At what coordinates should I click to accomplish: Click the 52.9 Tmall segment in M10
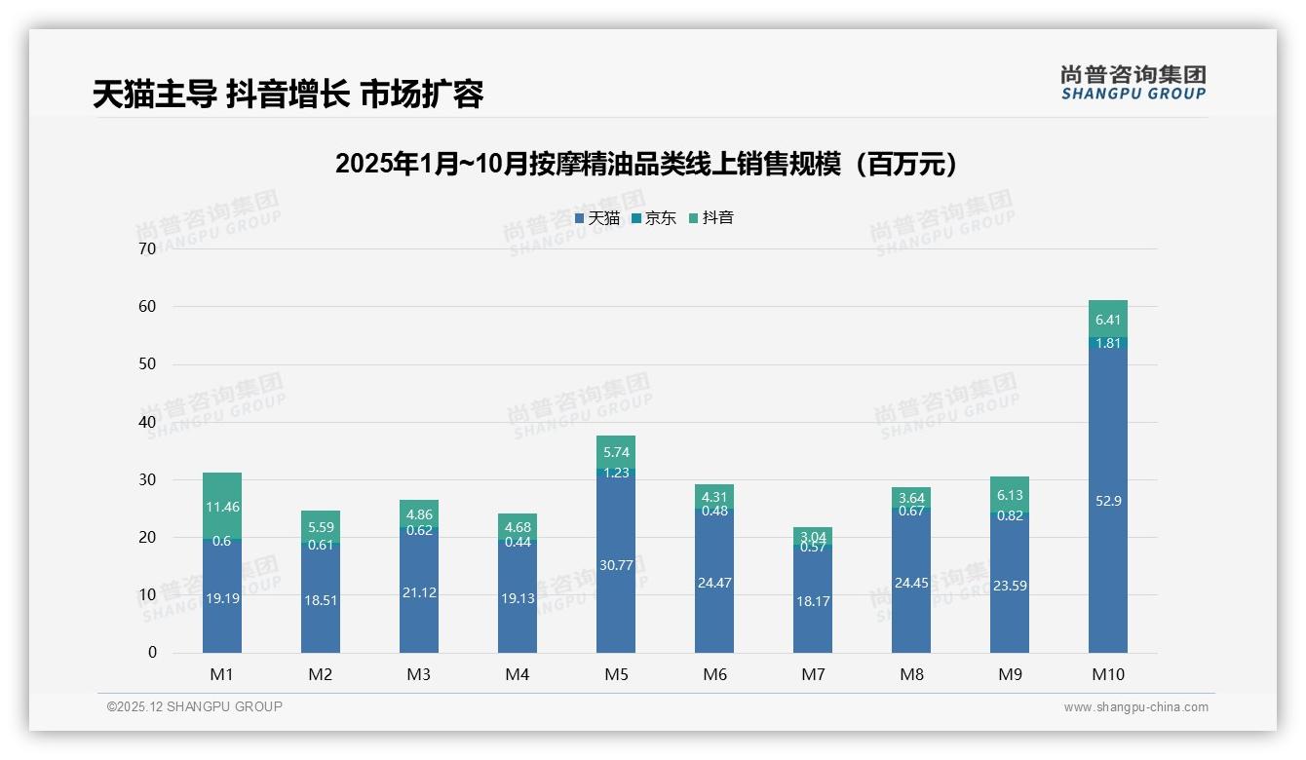[1107, 500]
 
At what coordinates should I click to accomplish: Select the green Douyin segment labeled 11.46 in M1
[222, 506]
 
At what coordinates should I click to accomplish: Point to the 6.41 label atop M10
[1108, 320]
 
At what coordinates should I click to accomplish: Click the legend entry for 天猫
[597, 218]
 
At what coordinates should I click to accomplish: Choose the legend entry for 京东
[654, 218]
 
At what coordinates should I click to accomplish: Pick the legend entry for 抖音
[711, 218]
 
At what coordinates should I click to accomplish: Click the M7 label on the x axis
[813, 674]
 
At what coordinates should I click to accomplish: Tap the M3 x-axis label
[419, 674]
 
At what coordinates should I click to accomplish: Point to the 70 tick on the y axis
[147, 248]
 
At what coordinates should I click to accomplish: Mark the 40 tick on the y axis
[147, 422]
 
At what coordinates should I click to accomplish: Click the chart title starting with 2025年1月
[646, 164]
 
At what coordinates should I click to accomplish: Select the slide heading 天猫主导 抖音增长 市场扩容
[288, 95]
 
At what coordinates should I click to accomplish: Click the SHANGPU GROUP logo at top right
[1133, 83]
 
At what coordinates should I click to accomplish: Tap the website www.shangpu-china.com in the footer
[1135, 707]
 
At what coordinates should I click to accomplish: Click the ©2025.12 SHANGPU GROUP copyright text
[195, 707]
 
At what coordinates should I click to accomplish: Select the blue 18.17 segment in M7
[813, 601]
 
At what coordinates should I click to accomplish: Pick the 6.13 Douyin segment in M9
[1010, 494]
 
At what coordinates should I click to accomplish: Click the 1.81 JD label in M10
[1108, 343]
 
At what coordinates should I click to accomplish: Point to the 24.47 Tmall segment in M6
[714, 583]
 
